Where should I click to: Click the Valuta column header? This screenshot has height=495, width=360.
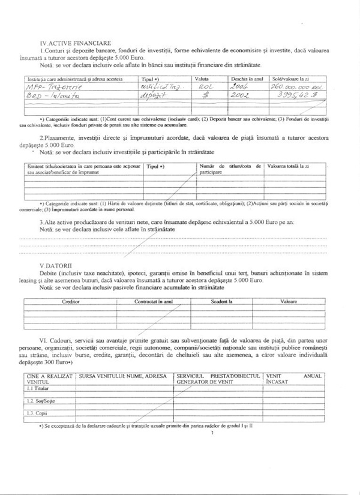[201, 79]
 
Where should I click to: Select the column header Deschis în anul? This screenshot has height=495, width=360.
[247, 79]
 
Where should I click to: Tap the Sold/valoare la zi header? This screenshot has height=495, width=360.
[289, 79]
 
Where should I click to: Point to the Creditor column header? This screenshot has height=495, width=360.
[71, 302]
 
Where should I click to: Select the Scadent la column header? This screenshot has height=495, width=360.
[221, 302]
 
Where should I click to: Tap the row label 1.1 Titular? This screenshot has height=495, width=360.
[38, 389]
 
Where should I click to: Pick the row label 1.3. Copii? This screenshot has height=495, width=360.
[37, 413]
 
